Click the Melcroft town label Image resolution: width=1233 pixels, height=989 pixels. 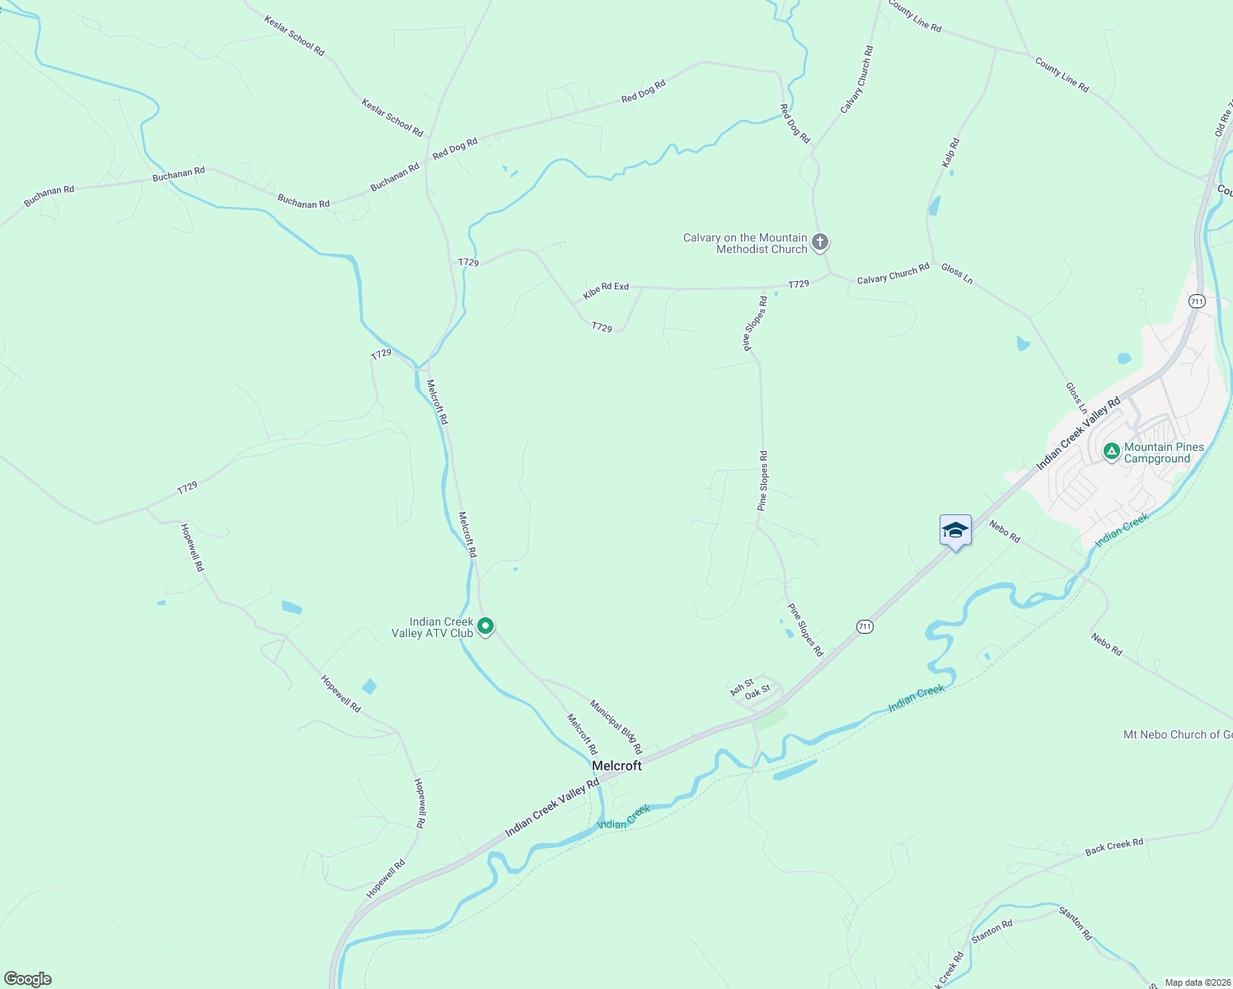[x=616, y=766]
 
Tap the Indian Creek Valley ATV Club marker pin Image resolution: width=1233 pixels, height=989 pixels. [x=486, y=627]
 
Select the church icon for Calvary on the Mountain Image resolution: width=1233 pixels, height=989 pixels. [x=819, y=242]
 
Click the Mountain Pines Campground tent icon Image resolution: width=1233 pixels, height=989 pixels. [x=1111, y=452]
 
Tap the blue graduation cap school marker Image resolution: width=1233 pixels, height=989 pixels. [x=955, y=530]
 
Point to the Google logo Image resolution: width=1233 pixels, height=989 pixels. [x=27, y=979]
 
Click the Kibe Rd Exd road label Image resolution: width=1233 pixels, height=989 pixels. [x=606, y=290]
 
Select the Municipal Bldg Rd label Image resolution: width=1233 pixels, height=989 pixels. [x=616, y=727]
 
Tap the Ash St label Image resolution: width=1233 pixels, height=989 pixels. [x=741, y=687]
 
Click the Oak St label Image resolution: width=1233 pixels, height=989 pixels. [x=757, y=692]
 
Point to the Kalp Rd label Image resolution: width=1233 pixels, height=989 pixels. [x=950, y=153]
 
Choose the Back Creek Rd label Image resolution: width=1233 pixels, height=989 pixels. [x=1113, y=846]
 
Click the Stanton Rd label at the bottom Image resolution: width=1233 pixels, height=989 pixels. [x=992, y=931]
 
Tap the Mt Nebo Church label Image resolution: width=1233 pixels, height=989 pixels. [x=1178, y=734]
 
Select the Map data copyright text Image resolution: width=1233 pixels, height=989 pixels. [x=1197, y=982]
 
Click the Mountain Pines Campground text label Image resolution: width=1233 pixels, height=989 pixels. [x=1164, y=452]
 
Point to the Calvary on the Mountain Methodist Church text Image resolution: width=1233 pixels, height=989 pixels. [x=745, y=243]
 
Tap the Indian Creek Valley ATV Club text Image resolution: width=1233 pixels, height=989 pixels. [x=433, y=627]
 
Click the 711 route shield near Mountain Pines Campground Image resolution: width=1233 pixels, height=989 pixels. [x=1197, y=302]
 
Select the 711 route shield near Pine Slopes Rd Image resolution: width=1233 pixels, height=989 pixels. [x=864, y=626]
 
